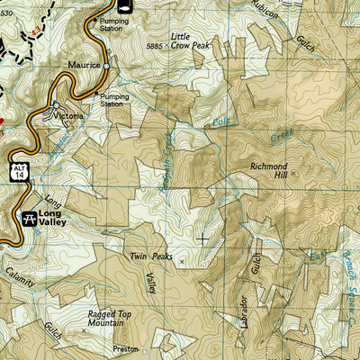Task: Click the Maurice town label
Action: tap(83, 65)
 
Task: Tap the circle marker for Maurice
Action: tap(107, 66)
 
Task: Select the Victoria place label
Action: tap(68, 116)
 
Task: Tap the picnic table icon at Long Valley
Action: tap(29, 217)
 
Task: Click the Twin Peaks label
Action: tap(149, 257)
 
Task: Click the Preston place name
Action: tap(126, 349)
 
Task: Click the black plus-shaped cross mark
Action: tap(202, 238)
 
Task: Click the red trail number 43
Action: tap(36, 32)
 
